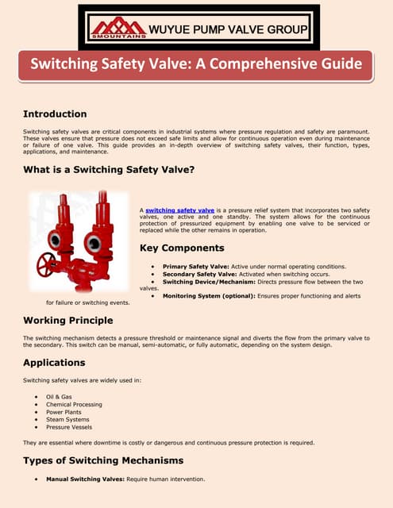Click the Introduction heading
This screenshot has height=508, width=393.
coord(55,114)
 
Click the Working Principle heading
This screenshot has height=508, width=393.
coord(67,320)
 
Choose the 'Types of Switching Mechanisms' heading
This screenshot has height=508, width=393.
coord(103,460)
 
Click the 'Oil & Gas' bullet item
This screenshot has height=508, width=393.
coord(59,395)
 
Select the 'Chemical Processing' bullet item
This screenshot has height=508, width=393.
coord(72,404)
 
